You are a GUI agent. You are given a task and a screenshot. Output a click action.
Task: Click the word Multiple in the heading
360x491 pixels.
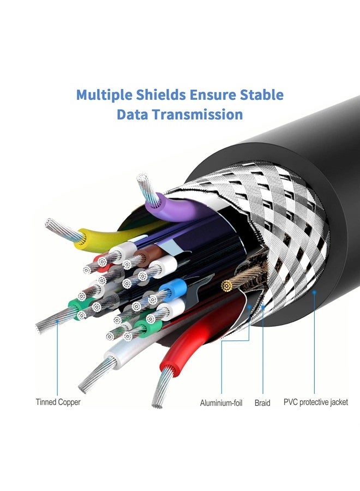point(104,95)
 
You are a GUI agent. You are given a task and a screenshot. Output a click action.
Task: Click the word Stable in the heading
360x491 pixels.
point(262,94)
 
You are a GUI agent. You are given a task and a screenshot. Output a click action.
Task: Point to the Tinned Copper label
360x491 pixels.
point(58,402)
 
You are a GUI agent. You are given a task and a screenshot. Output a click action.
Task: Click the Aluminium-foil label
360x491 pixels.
point(221,403)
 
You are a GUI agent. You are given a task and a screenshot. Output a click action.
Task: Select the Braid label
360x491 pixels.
point(262,403)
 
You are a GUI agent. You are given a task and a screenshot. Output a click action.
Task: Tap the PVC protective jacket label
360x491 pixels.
point(316,402)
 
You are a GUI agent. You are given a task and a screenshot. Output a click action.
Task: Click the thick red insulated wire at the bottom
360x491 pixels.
point(200,332)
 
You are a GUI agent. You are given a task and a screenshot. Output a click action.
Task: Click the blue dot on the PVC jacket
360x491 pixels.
point(314,292)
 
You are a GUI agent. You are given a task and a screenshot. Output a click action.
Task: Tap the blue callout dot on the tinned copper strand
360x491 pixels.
point(57,321)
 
